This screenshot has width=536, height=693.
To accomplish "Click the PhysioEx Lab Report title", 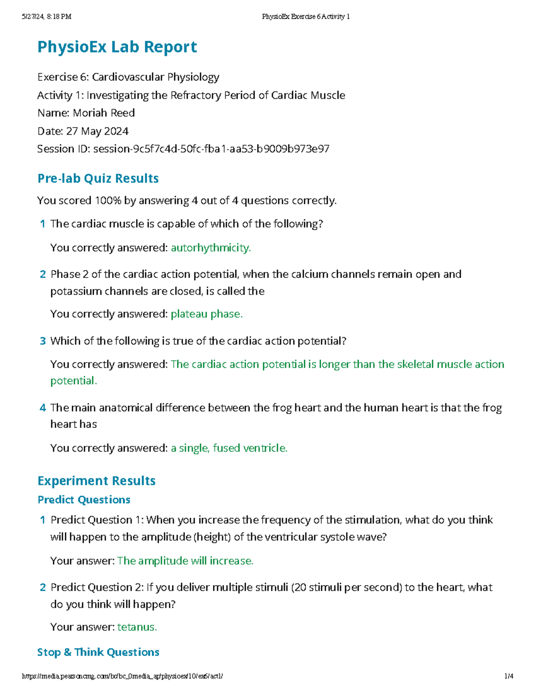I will tap(117, 47).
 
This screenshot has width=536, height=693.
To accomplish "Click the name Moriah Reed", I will tap(104, 113).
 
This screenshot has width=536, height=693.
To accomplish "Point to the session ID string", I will tap(211, 149).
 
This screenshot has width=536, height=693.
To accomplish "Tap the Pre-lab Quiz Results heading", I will tap(98, 178).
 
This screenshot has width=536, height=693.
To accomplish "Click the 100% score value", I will tap(108, 201).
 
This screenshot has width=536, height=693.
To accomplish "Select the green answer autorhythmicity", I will tap(210, 248).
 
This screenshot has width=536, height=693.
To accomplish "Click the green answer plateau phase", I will tap(206, 314).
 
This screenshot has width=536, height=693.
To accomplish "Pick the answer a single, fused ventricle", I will tap(229, 448).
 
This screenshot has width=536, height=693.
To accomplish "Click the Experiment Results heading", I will tap(96, 481).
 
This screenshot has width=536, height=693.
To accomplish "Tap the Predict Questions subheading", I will tap(84, 500).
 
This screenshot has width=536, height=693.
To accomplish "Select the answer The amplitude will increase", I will tap(185, 561).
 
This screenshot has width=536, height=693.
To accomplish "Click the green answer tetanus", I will tap(137, 627).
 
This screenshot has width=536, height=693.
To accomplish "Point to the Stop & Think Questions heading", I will tap(98, 652).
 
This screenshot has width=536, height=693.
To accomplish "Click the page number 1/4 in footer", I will tap(509, 676).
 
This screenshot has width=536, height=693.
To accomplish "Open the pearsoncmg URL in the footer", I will tap(122, 676).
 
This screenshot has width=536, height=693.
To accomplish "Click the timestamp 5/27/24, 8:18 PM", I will tap(46, 17).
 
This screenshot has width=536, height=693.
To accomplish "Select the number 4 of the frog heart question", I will tap(42, 408).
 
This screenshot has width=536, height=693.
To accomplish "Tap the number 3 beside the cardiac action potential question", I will tap(42, 341).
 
